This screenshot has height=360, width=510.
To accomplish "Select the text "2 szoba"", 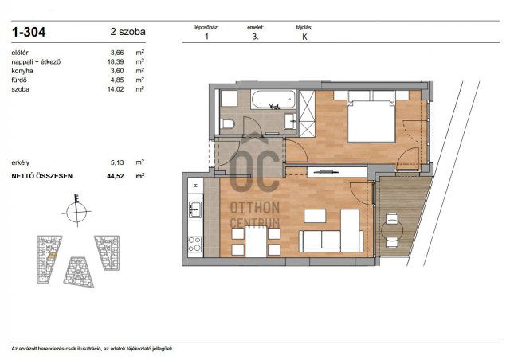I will [x=128, y=33].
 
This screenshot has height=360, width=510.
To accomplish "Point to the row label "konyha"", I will [x=22, y=71].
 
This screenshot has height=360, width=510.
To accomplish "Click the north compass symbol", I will [x=77, y=211].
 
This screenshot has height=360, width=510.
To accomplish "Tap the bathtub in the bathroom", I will [x=273, y=100].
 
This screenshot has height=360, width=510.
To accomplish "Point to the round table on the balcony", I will [x=394, y=231].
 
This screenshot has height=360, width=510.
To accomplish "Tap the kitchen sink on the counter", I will [x=194, y=210].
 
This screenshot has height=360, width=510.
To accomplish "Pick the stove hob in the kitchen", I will [x=194, y=243].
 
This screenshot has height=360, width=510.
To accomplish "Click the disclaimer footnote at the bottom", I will [x=92, y=349].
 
